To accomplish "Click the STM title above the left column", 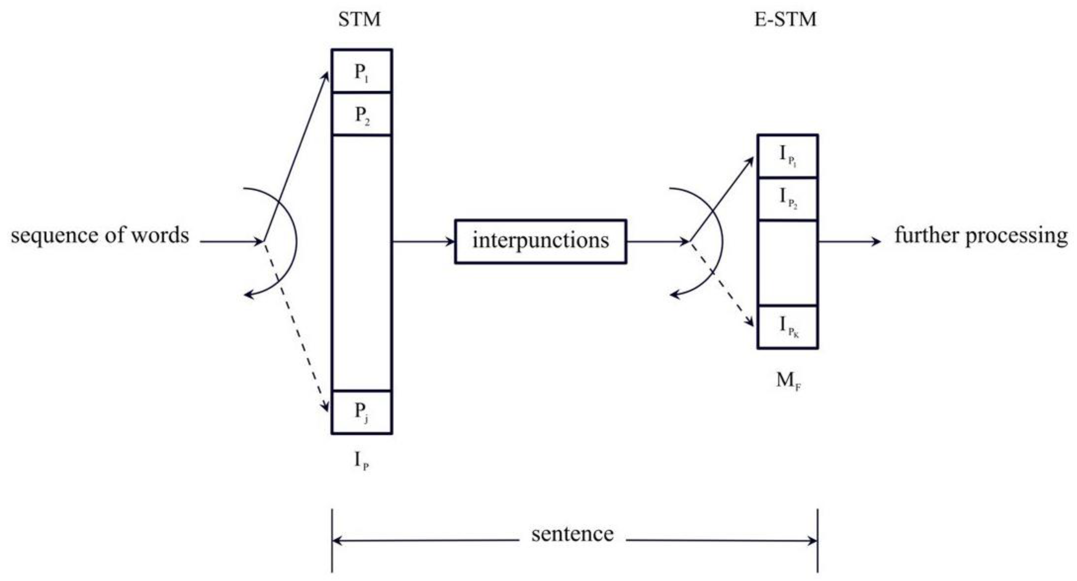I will pyautogui.click(x=359, y=20).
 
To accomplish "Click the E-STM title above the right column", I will pyautogui.click(x=785, y=20).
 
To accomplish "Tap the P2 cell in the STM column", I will pyautogui.click(x=362, y=114).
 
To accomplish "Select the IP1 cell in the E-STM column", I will pyautogui.click(x=788, y=156).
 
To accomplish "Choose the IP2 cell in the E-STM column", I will pyautogui.click(x=788, y=198).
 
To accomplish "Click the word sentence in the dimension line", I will pyautogui.click(x=572, y=534).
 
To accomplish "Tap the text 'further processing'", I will pyautogui.click(x=981, y=235).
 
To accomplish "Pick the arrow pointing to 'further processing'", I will pyautogui.click(x=849, y=241).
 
